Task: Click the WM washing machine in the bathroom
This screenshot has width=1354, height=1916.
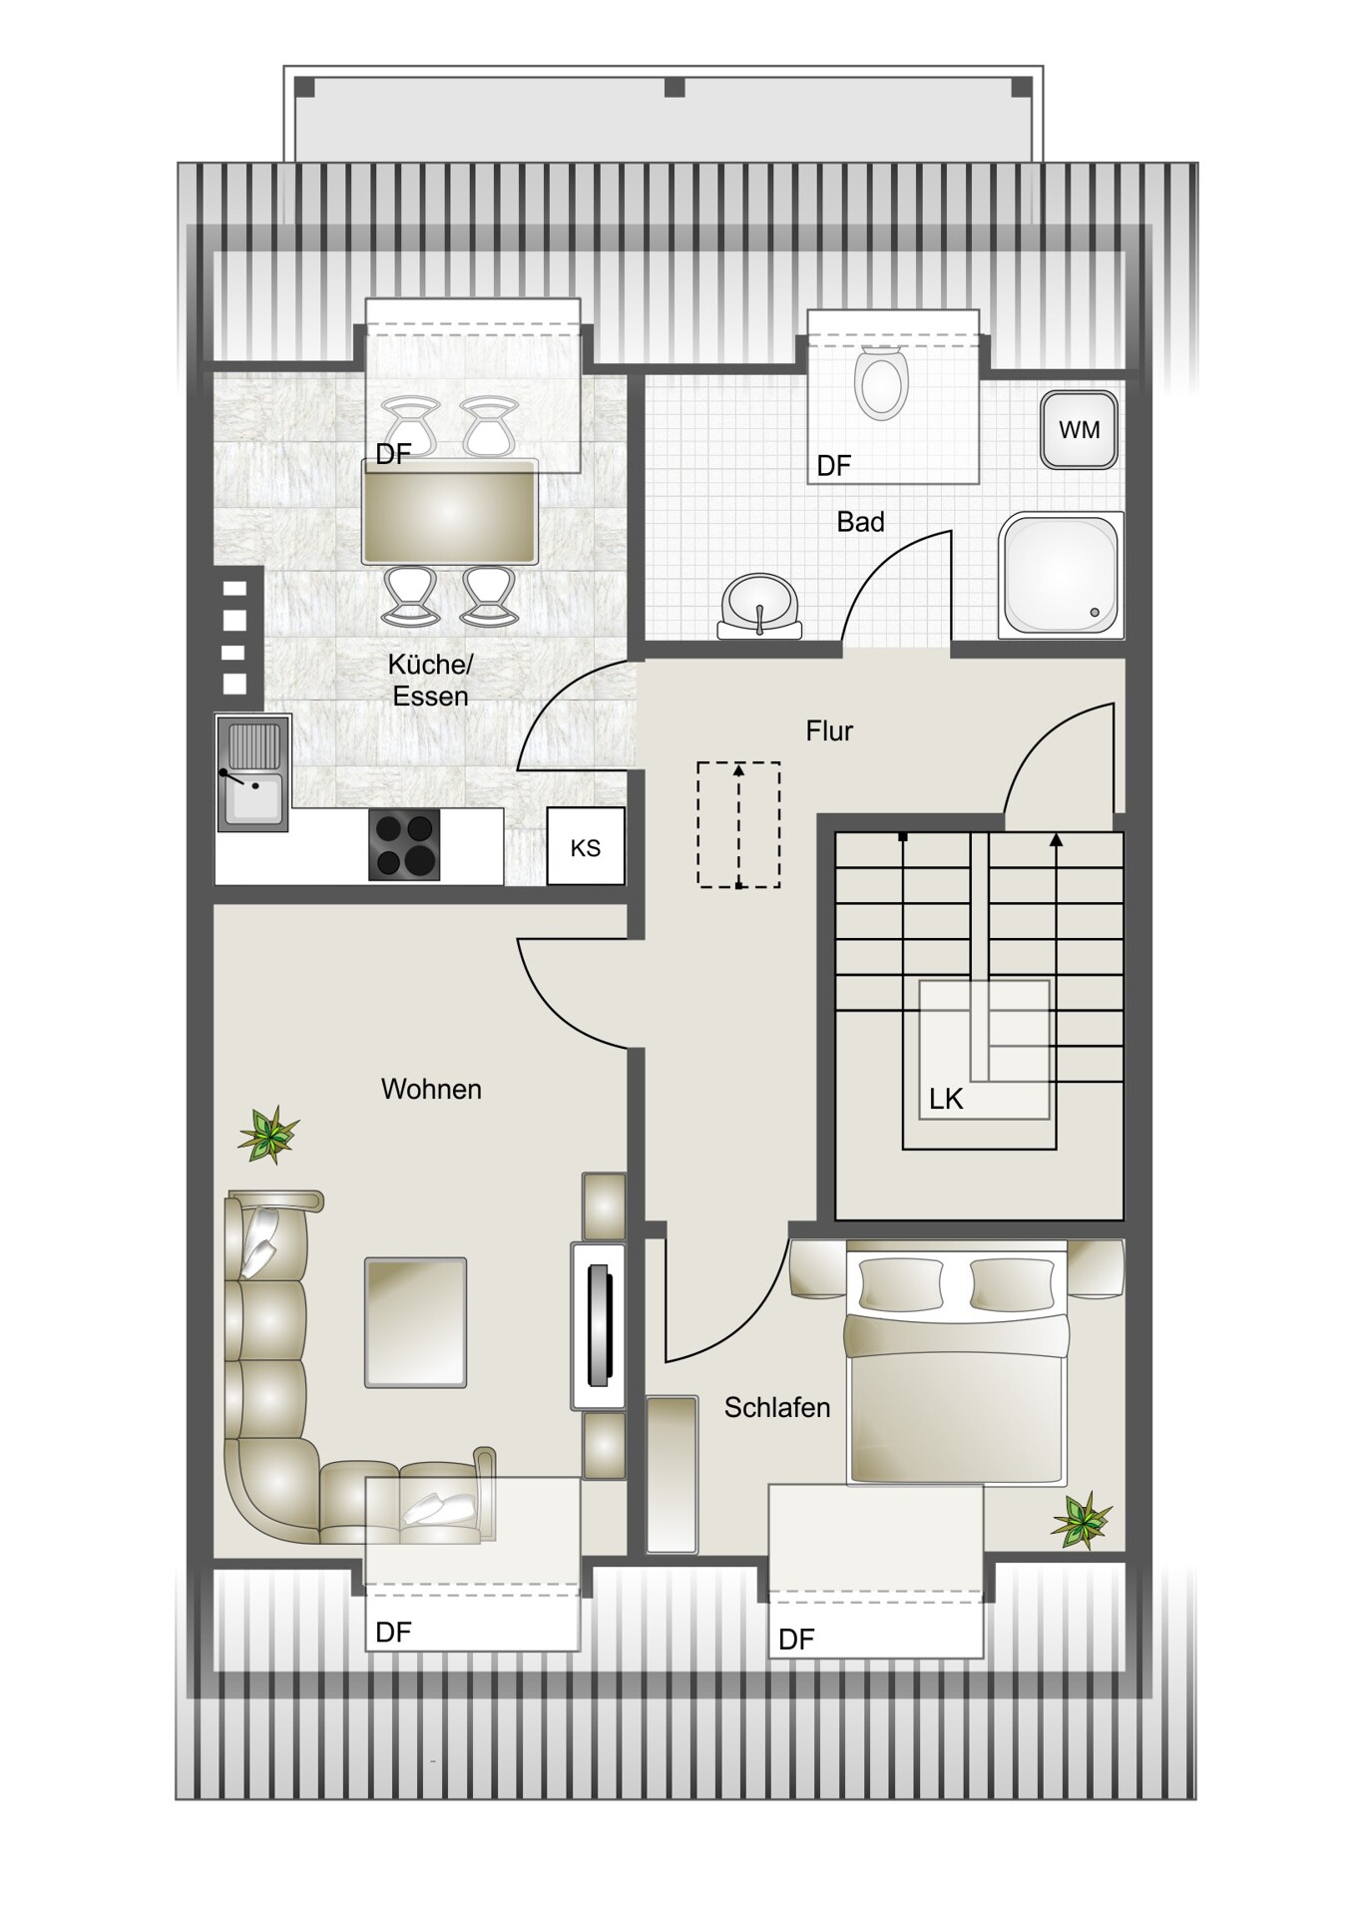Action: tap(1079, 430)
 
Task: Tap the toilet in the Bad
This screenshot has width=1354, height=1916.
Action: tap(881, 382)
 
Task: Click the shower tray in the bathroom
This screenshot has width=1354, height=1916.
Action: tap(1061, 575)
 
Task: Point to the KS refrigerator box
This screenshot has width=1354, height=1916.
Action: tap(586, 847)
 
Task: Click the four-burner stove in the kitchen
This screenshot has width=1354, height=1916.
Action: tap(404, 845)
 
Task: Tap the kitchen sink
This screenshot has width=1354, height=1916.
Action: tap(253, 772)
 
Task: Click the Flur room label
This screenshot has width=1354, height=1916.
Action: tap(829, 731)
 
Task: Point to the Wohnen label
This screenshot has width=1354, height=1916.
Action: tap(431, 1089)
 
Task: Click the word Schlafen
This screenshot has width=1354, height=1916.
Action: tap(777, 1407)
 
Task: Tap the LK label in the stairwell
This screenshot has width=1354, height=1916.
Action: tap(946, 1099)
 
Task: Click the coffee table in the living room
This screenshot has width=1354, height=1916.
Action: tap(415, 1322)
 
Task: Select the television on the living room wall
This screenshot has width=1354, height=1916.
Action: tap(598, 1325)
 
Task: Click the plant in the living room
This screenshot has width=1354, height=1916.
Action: tap(267, 1135)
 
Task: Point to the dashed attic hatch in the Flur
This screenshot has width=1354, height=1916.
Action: tap(738, 824)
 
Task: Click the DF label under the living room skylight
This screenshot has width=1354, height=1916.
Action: tap(393, 1632)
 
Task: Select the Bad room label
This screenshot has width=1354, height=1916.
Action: tap(860, 522)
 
